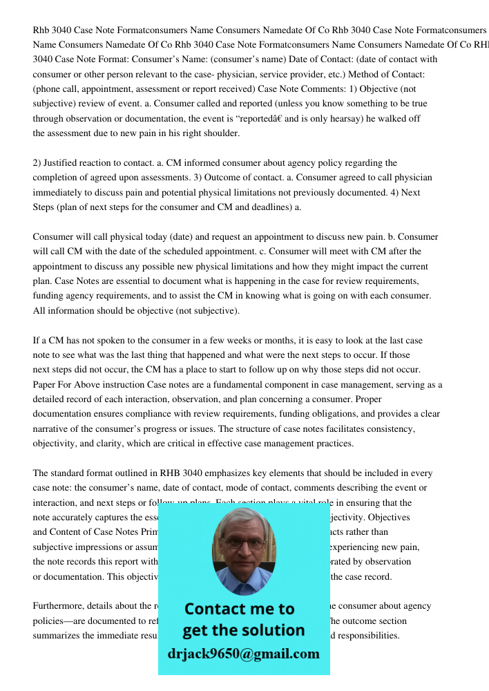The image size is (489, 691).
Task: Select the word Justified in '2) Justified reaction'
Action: click(x=61, y=163)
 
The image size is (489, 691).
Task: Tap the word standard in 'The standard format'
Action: click(x=71, y=473)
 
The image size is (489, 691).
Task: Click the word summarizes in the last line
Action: click(x=60, y=636)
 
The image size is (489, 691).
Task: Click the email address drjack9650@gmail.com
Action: click(x=243, y=654)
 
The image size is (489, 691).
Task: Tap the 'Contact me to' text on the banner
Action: click(x=239, y=609)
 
